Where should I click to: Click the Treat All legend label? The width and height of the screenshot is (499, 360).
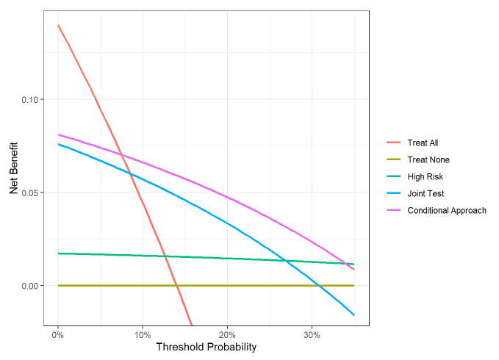click(423, 143)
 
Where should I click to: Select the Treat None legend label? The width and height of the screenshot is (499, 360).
click(428, 160)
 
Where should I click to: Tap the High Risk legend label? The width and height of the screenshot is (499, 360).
click(425, 177)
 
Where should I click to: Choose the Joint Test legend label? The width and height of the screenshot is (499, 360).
click(426, 194)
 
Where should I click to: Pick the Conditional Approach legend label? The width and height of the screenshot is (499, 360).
click(446, 211)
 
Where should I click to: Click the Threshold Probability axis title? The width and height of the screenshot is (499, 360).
click(206, 347)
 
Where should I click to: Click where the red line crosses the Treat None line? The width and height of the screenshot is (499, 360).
click(176, 285)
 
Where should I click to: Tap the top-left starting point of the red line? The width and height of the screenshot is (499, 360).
click(58, 25)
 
